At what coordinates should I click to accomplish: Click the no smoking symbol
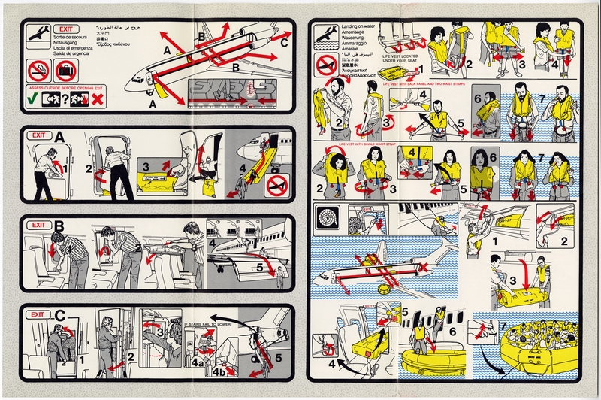coord(38,71)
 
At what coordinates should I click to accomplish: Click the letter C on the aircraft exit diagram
coord(283,42)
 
